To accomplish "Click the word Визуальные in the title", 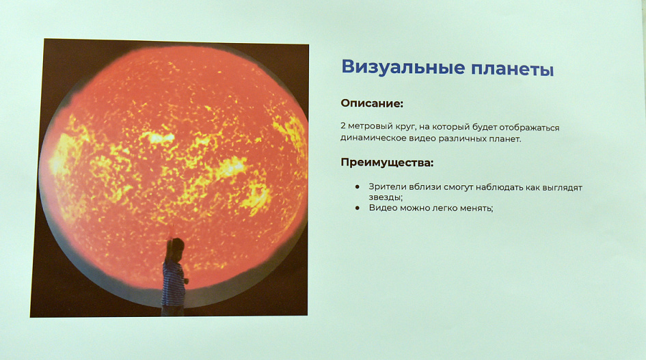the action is pyautogui.click(x=403, y=68).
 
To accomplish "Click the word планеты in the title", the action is pyautogui.click(x=513, y=69).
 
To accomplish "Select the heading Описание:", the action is pyautogui.click(x=372, y=103).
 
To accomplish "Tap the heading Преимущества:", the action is pyautogui.click(x=387, y=163).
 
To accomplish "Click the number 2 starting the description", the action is pyautogui.click(x=343, y=126).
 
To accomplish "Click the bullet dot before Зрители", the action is pyautogui.click(x=358, y=187).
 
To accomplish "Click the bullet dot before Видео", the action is pyautogui.click(x=358, y=208).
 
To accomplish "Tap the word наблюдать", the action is pyautogui.click(x=499, y=187).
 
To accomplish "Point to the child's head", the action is pyautogui.click(x=177, y=247).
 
